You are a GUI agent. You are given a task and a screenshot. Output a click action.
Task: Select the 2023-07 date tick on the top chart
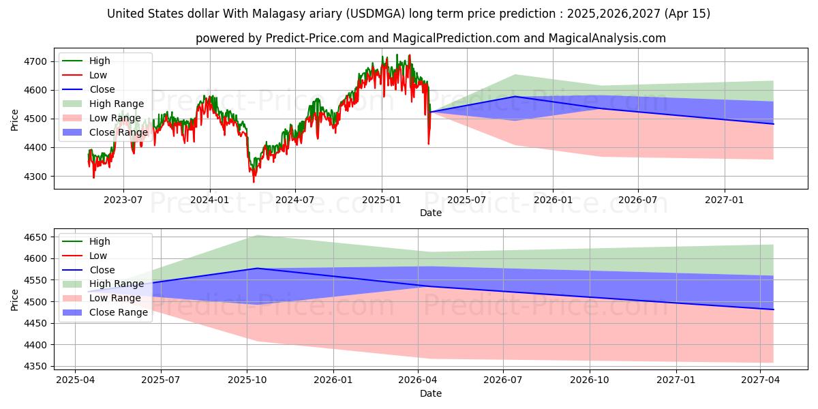click(123, 200)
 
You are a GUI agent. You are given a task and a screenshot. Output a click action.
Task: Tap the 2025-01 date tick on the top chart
click(381, 200)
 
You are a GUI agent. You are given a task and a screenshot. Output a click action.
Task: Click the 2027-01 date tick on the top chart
click(724, 200)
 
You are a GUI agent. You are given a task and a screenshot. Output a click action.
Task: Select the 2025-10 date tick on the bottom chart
click(247, 380)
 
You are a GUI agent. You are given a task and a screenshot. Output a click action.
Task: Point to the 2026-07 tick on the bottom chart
click(502, 380)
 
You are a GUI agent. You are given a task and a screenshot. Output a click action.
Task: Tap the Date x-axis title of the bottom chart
click(431, 393)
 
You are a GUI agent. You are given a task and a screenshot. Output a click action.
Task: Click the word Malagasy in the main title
click(307, 14)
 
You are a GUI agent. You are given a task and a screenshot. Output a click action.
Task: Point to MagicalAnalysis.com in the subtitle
click(611, 38)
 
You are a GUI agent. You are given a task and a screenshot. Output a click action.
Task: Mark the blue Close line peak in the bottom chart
click(257, 269)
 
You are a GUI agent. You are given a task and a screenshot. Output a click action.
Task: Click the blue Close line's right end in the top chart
click(773, 124)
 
